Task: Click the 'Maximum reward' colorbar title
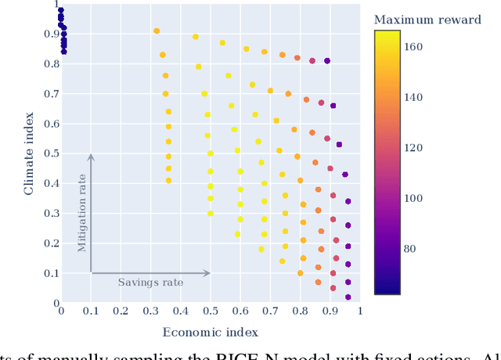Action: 427,20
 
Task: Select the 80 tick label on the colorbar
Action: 417,249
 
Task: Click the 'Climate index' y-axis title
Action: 29,153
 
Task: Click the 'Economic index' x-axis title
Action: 210,333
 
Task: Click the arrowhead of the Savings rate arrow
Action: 208,273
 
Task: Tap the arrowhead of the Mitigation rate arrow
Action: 91,157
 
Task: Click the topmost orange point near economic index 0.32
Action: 157,31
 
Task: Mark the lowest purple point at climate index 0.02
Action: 348,297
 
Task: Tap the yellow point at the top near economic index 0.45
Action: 196,37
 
